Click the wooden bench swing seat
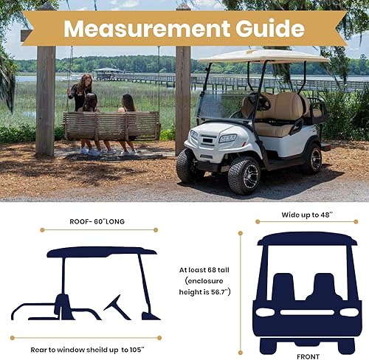click(x=111, y=125)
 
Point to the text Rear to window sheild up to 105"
click(x=87, y=349)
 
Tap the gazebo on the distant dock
click(x=108, y=72)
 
